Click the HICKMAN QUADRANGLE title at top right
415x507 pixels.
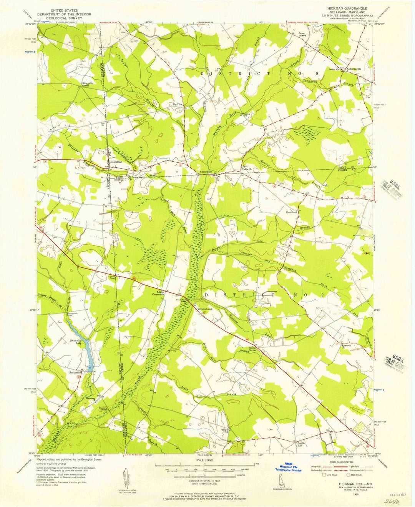coord(347,8)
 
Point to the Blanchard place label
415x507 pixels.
coord(292,212)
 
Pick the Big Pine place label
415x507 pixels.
coord(177,104)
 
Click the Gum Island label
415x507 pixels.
coord(302,35)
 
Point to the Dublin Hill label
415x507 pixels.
coord(302,444)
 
